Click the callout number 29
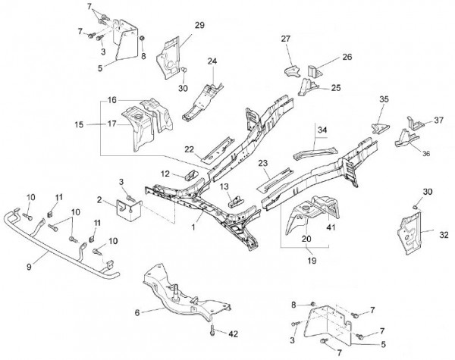click(199, 25)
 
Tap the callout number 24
click(212, 61)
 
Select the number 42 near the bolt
click(233, 334)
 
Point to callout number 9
click(29, 267)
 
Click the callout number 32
click(444, 235)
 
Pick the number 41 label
click(331, 227)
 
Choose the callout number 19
click(312, 261)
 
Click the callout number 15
click(79, 125)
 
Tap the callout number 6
click(137, 313)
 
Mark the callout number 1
click(193, 227)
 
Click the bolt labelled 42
click(212, 330)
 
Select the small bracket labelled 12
click(191, 175)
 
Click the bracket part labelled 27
click(292, 71)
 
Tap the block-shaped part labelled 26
click(313, 71)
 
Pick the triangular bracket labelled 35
click(380, 128)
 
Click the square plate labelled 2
click(129, 210)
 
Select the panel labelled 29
click(168, 58)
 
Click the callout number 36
click(426, 154)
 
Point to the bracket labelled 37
click(415, 123)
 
